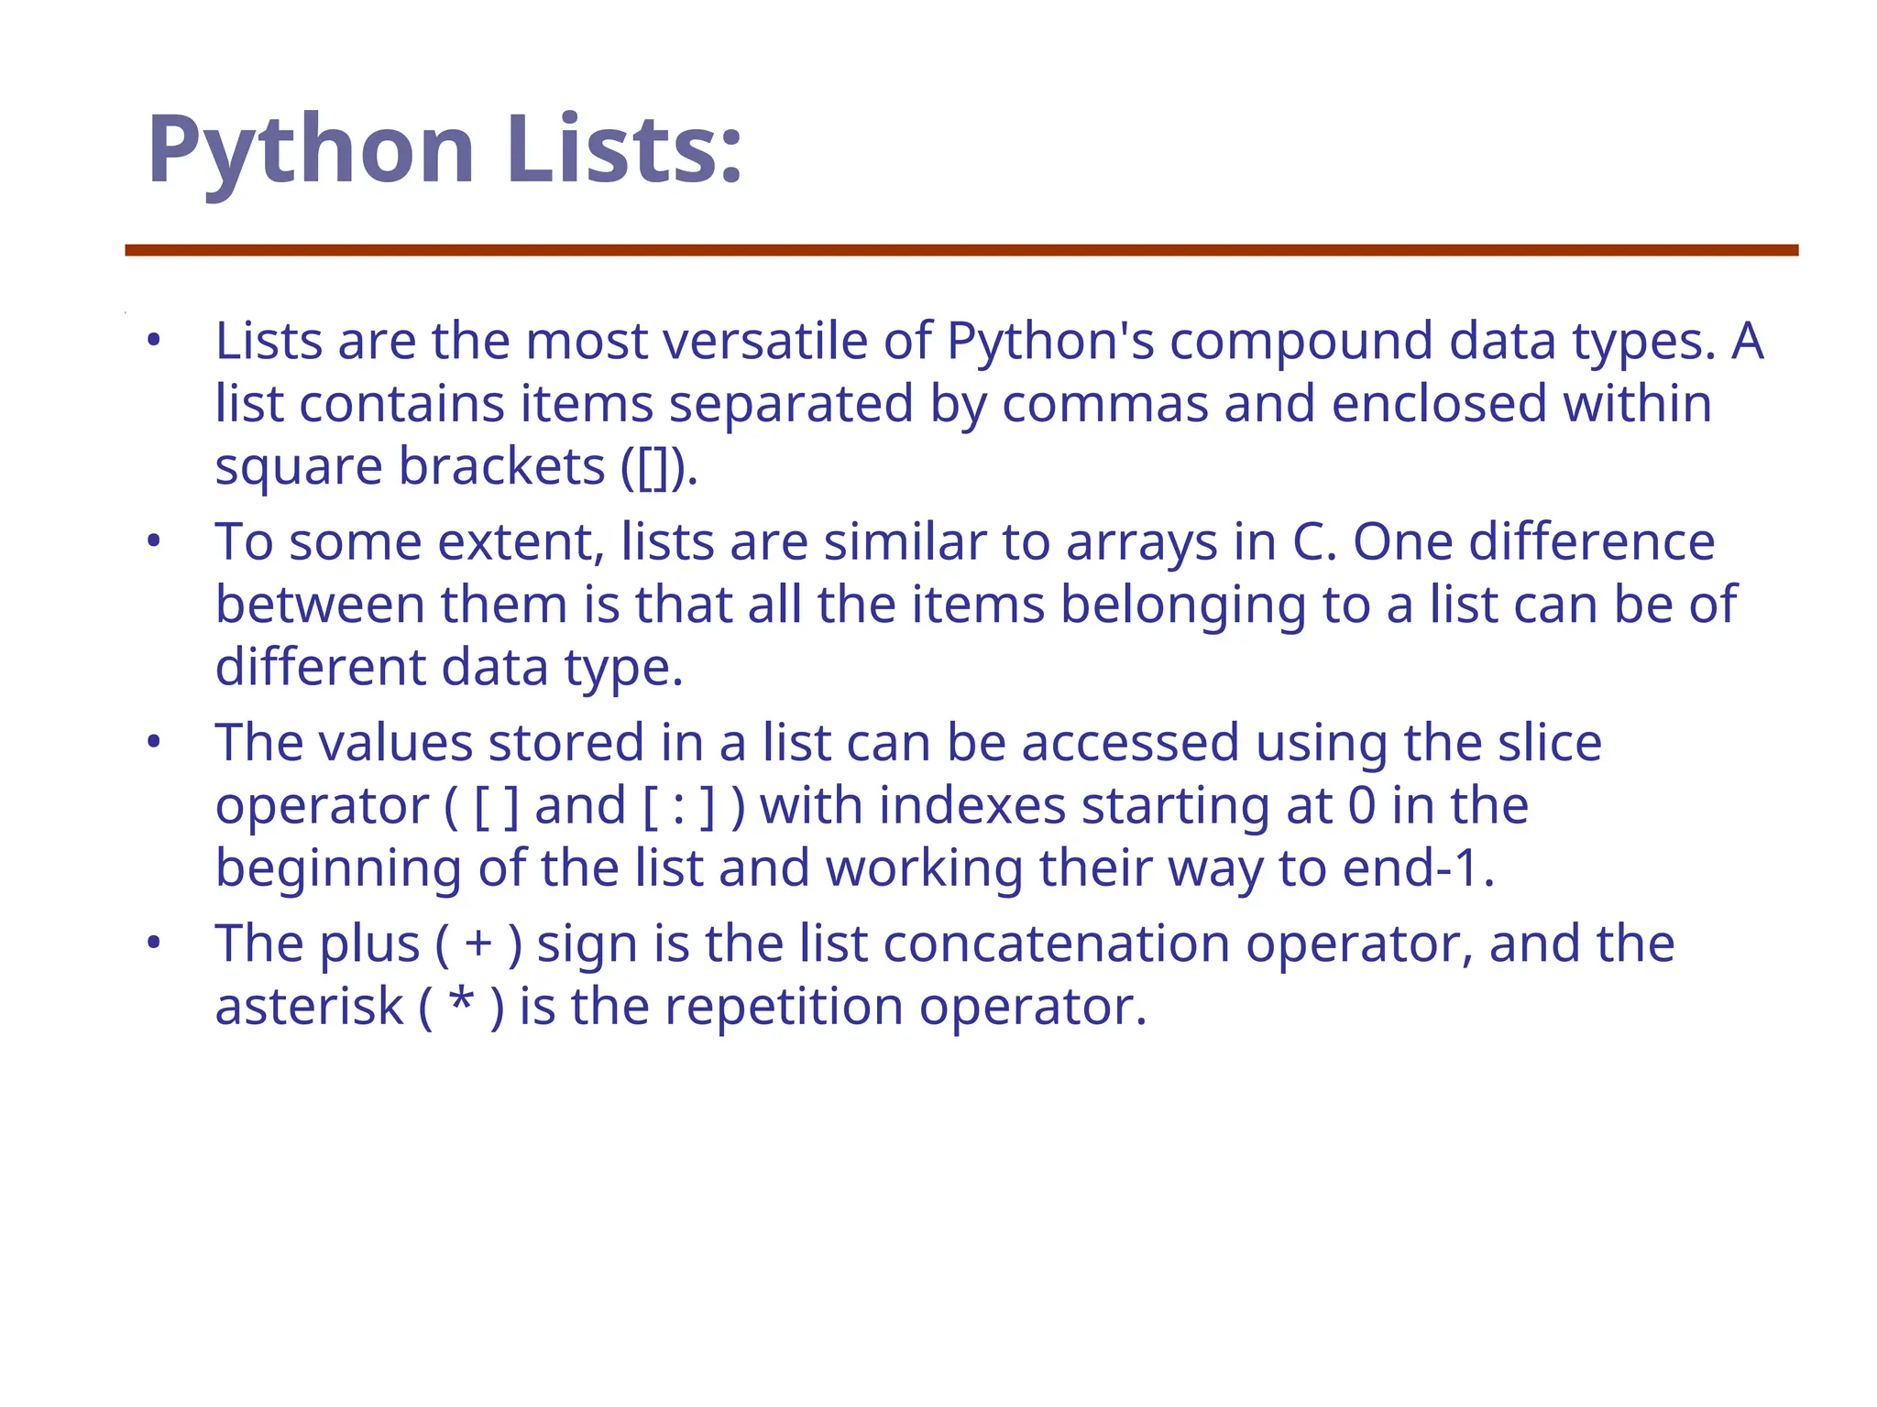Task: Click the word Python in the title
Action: coord(310,149)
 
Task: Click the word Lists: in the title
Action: coord(623,149)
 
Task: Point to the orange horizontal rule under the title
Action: coord(961,250)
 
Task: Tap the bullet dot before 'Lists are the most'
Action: coord(154,341)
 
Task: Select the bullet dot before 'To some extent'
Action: coord(154,541)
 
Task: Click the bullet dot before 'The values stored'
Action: coord(154,742)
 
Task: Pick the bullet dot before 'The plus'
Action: coord(154,943)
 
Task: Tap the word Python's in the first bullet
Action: coord(1050,343)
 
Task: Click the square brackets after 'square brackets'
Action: coord(653,467)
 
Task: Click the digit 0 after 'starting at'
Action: coord(1362,806)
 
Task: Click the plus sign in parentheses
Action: coord(478,944)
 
